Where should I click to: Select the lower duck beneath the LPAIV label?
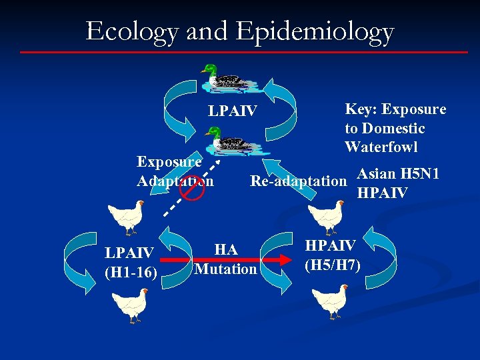pyautogui.click(x=233, y=141)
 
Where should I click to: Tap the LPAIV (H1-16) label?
pyautogui.click(x=129, y=261)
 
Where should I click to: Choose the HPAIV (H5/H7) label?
pyautogui.click(x=332, y=255)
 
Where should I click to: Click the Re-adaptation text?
pyautogui.click(x=297, y=181)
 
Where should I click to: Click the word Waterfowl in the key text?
pyautogui.click(x=381, y=147)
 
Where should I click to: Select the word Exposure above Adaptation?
pyautogui.click(x=169, y=161)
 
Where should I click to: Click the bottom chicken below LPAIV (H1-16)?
pyautogui.click(x=129, y=304)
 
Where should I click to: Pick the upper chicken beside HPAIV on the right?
pyautogui.click(x=326, y=218)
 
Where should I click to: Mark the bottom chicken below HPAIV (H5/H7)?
pyautogui.click(x=330, y=301)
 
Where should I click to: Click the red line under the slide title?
pyautogui.click(x=243, y=52)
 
